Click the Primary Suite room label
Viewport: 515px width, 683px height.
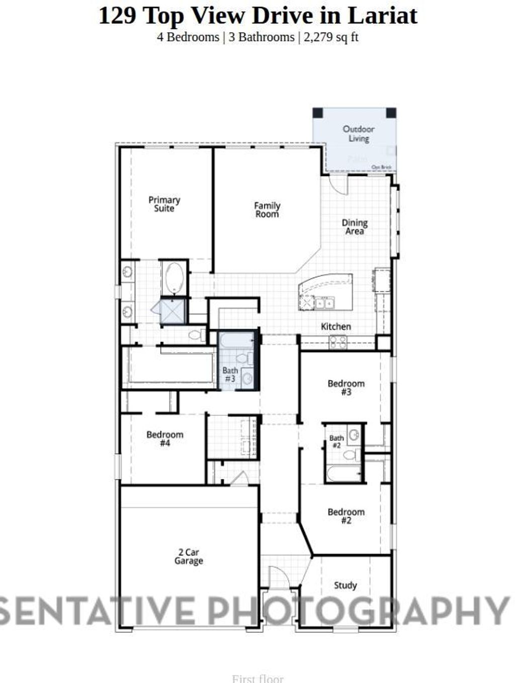164,204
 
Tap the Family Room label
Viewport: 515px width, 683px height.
267,210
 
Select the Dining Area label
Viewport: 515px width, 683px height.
355,227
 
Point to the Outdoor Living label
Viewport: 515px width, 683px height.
359,134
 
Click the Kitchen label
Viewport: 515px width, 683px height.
336,326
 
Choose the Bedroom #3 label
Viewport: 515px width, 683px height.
346,388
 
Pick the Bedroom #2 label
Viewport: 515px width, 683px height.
346,516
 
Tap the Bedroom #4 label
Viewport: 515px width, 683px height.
165,439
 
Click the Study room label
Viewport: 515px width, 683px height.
346,585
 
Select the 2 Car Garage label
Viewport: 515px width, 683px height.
189,556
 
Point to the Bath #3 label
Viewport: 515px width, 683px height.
230,375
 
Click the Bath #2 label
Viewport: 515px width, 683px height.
336,441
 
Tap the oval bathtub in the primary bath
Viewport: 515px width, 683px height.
175,277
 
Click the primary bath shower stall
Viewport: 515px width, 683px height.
174,311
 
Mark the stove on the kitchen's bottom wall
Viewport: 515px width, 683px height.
337,342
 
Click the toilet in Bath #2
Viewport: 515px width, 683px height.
350,455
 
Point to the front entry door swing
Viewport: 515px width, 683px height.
278,575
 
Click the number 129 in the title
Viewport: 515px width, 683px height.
117,16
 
